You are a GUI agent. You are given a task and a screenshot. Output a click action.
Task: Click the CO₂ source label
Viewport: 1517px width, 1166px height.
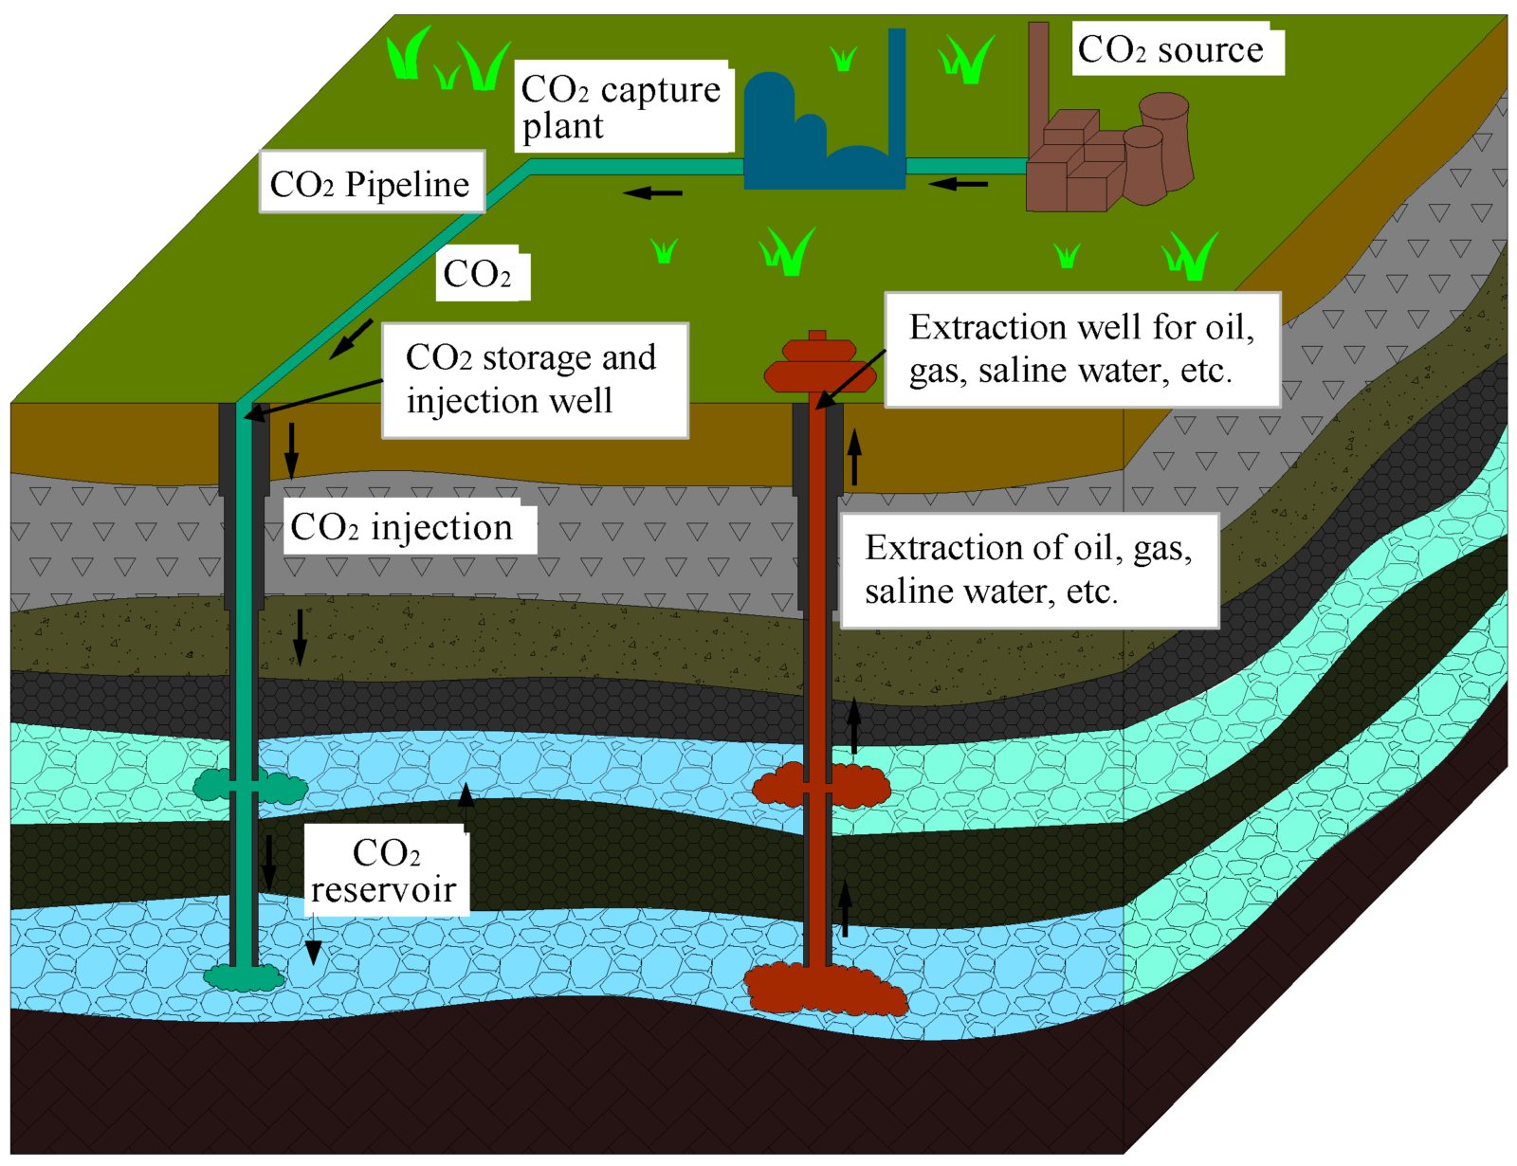1177,49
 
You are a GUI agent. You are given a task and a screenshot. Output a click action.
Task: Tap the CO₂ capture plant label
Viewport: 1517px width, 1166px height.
624,106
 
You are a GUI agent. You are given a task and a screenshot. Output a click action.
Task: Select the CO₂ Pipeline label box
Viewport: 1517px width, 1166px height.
372,181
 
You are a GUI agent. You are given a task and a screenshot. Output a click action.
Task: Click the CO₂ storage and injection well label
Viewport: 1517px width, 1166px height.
535,380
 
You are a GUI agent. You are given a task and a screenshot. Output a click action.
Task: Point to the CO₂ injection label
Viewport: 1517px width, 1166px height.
410,526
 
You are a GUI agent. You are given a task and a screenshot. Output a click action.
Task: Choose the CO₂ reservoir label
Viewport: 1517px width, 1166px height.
386,871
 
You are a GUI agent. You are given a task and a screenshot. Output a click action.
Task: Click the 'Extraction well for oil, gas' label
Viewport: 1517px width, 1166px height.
1082,350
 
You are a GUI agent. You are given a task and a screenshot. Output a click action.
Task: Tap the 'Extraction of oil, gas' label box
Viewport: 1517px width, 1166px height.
1030,571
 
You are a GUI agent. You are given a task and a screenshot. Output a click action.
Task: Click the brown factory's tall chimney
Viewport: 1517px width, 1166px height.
1038,83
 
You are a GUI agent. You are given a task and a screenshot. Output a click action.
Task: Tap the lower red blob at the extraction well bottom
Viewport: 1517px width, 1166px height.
826,989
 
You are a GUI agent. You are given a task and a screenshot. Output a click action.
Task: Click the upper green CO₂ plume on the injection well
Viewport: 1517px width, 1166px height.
250,786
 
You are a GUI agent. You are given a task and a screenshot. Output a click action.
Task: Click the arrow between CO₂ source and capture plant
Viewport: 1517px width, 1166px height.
958,184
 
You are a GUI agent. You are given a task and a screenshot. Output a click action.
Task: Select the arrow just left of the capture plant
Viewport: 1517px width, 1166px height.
652,191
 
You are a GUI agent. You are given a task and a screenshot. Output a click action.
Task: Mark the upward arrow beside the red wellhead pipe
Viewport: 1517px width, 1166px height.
854,456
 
